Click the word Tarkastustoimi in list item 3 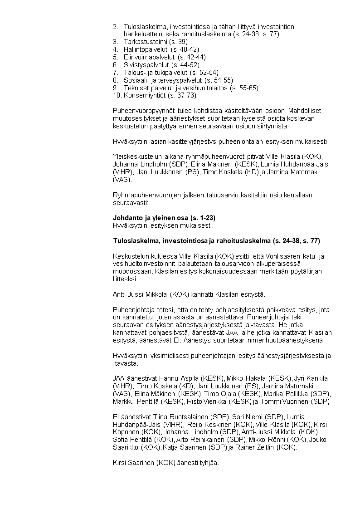143,41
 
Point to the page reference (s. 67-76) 182,95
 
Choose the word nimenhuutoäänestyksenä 290,340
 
